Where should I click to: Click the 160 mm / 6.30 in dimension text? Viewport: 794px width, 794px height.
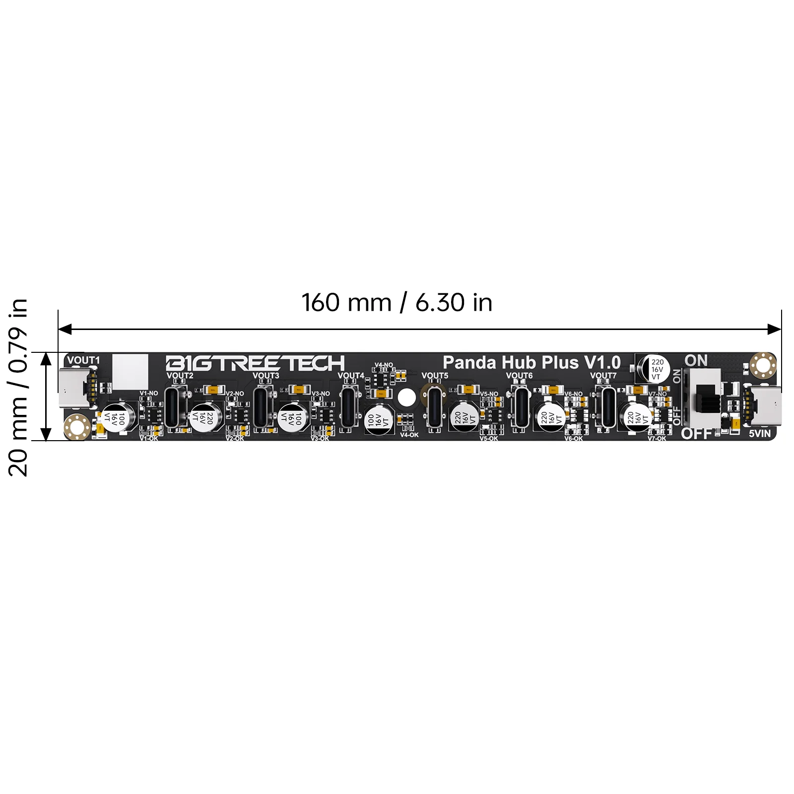coord(397,303)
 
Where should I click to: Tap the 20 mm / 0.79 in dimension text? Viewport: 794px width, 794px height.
coord(19,388)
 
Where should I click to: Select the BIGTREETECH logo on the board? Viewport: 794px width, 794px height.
coord(255,363)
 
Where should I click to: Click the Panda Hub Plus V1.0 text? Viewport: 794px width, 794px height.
coord(531,363)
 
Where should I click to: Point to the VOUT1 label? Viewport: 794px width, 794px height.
coord(83,360)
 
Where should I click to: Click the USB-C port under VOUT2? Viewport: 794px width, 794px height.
coord(176,407)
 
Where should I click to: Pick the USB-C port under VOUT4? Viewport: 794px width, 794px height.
coord(349,407)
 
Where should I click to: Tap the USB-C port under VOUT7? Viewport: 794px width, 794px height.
coord(608,407)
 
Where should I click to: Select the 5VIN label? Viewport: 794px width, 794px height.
coord(760,434)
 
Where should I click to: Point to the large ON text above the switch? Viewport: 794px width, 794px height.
coord(696,361)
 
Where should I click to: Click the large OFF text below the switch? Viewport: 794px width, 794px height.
coord(696,434)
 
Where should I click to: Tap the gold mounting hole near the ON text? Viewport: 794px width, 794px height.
coord(763,365)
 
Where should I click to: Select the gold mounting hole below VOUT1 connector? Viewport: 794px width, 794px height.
coord(77,427)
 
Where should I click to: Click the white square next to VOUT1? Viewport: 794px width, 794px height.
coord(131,372)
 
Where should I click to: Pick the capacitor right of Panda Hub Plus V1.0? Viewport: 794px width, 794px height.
coord(657,369)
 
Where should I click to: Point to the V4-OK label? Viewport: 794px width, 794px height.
coord(409,435)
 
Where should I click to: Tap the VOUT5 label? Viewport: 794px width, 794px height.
coord(435,376)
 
